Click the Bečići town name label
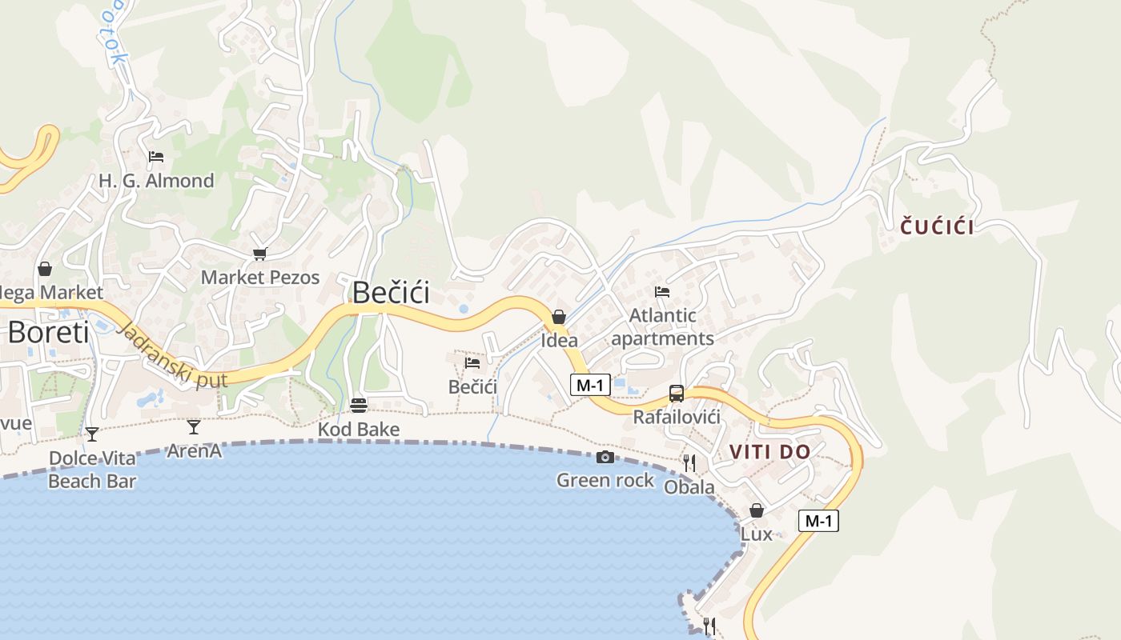click(391, 292)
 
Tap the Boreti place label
click(48, 332)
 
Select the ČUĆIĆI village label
click(937, 227)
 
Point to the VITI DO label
click(769, 452)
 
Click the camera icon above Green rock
click(605, 457)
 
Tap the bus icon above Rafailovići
click(677, 393)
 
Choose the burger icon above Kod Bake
click(358, 406)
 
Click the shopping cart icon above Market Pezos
click(259, 254)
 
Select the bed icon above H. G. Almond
click(156, 157)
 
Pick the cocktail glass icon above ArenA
click(194, 426)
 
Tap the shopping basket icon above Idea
click(559, 317)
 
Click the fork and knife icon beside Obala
click(689, 462)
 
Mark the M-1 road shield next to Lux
click(818, 521)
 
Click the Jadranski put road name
click(172, 356)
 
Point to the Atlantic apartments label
click(662, 327)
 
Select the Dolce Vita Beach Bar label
click(92, 470)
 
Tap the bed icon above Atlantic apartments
click(662, 292)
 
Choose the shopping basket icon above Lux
click(756, 510)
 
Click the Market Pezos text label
click(260, 278)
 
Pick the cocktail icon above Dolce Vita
click(92, 434)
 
